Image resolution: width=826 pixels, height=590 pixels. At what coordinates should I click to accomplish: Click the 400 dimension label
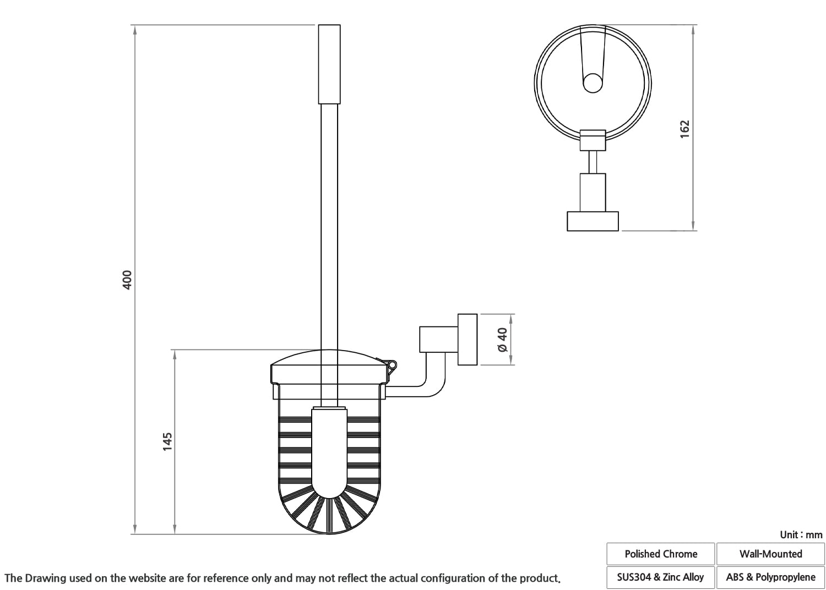127,280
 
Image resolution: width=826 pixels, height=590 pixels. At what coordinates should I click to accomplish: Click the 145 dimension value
167,441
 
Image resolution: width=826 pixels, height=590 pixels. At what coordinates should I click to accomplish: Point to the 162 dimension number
684,129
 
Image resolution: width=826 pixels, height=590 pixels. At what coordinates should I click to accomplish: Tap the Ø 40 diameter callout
503,340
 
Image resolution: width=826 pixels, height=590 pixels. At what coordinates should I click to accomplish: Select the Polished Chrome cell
661,554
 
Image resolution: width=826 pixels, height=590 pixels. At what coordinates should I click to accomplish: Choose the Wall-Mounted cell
771,554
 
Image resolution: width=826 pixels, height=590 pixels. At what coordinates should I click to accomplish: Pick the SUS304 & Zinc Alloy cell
661,577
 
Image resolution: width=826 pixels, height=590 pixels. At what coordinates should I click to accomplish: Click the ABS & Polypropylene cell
771,577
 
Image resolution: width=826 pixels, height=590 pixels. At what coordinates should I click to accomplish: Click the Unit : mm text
801,535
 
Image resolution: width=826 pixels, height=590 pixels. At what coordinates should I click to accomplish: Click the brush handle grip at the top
329,64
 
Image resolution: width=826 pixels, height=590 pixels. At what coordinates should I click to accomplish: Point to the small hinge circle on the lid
392,365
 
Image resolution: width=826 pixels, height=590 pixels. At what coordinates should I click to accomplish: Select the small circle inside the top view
593,83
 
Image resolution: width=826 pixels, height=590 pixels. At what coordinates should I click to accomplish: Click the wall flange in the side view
468,340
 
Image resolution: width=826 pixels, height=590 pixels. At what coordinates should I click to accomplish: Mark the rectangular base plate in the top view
593,221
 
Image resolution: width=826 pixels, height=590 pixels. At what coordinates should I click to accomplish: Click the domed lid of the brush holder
329,357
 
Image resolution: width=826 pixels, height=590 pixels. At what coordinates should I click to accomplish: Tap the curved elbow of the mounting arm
435,387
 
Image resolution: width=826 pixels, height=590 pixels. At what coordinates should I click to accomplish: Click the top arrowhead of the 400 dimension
135,29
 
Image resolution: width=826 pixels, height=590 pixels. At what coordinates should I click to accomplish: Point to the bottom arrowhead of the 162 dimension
693,226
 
